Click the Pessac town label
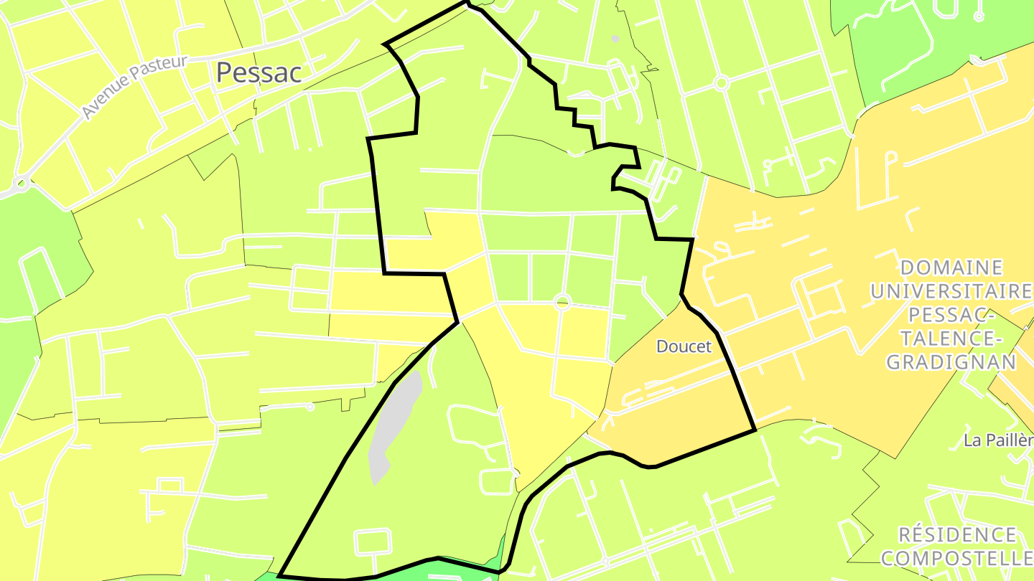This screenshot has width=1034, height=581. pos(258,72)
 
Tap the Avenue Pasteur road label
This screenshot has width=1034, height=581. pos(134,88)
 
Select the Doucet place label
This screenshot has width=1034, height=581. pos(684,346)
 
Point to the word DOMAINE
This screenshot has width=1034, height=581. pos(951,268)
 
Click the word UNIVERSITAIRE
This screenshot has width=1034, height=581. pos(951,291)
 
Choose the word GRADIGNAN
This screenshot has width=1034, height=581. pos(951,362)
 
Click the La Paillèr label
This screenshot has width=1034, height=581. pos(998,440)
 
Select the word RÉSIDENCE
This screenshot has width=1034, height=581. pos(958,534)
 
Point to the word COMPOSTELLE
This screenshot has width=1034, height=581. pos(958,557)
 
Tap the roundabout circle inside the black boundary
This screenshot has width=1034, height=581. pos(562,303)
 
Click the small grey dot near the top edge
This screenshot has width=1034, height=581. pos(615,39)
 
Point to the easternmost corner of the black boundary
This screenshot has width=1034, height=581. pos(755,430)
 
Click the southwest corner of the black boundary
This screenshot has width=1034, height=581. pos(279,575)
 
